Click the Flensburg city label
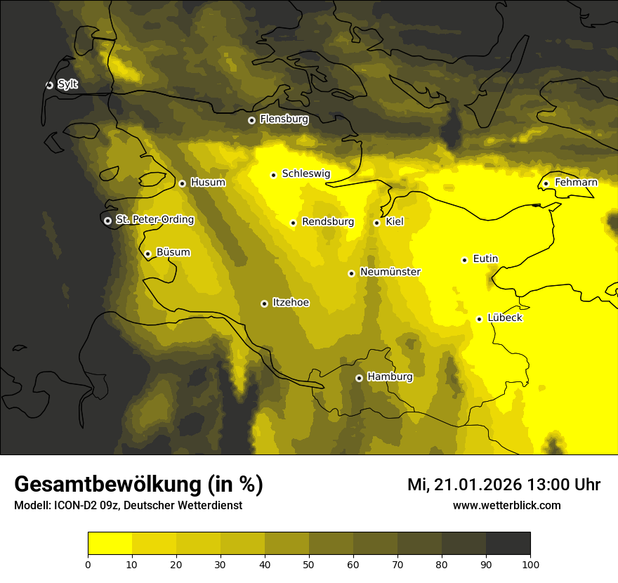[x=284, y=119]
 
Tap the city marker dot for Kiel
[x=376, y=223]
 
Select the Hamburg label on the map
[x=390, y=377]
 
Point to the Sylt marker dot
[x=49, y=85]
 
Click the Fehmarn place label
[x=576, y=183]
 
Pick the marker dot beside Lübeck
[x=479, y=319]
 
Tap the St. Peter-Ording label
[x=154, y=220]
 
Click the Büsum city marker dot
[x=147, y=254]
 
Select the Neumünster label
[x=390, y=272]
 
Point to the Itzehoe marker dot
[x=264, y=303]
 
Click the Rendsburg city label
[x=328, y=222]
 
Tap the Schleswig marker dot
[x=273, y=175]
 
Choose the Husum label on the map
[x=208, y=183]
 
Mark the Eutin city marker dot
[x=464, y=260]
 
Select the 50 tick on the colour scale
[x=309, y=564]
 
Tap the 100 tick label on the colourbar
[x=530, y=564]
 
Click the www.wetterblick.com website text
[x=506, y=505]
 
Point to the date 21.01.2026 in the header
[x=477, y=485]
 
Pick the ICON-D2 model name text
[x=77, y=506]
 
